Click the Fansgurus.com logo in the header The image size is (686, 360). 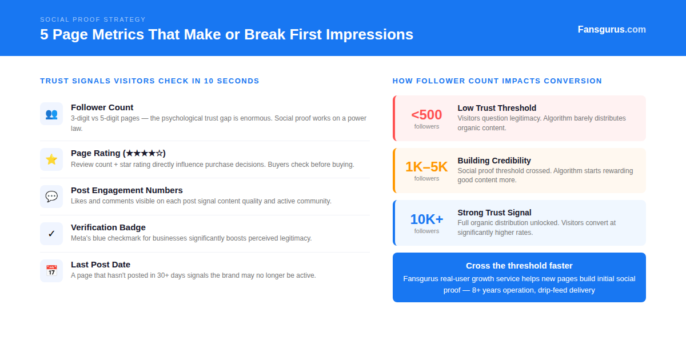(611, 30)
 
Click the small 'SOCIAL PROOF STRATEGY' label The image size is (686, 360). (93, 19)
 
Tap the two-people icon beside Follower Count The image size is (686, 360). (51, 114)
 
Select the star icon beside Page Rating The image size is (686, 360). (51, 159)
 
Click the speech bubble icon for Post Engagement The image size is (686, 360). (51, 197)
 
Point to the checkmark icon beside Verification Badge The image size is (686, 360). (51, 234)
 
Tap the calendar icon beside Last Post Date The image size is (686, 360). (51, 271)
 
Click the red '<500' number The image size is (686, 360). (426, 115)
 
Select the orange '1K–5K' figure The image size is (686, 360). (426, 167)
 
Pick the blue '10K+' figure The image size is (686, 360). (426, 219)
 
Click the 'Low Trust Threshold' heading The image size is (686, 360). (497, 108)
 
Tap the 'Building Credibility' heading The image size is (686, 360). (494, 161)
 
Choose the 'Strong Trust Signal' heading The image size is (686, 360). (494, 213)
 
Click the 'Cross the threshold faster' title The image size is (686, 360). (519, 266)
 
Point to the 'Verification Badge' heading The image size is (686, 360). (108, 227)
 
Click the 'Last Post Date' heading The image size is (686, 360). (101, 265)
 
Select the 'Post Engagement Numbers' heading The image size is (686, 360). (127, 190)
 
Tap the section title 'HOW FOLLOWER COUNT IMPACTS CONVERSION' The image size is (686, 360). (497, 81)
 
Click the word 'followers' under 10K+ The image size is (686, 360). (426, 231)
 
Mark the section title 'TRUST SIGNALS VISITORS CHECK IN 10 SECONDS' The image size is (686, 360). (150, 81)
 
